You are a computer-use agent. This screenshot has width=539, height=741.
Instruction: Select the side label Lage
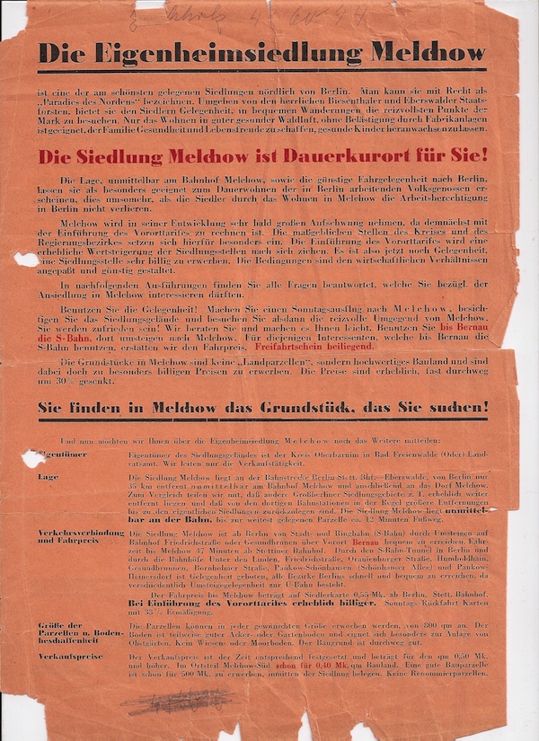click(48, 477)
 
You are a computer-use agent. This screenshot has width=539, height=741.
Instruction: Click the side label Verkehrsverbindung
click(80, 533)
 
